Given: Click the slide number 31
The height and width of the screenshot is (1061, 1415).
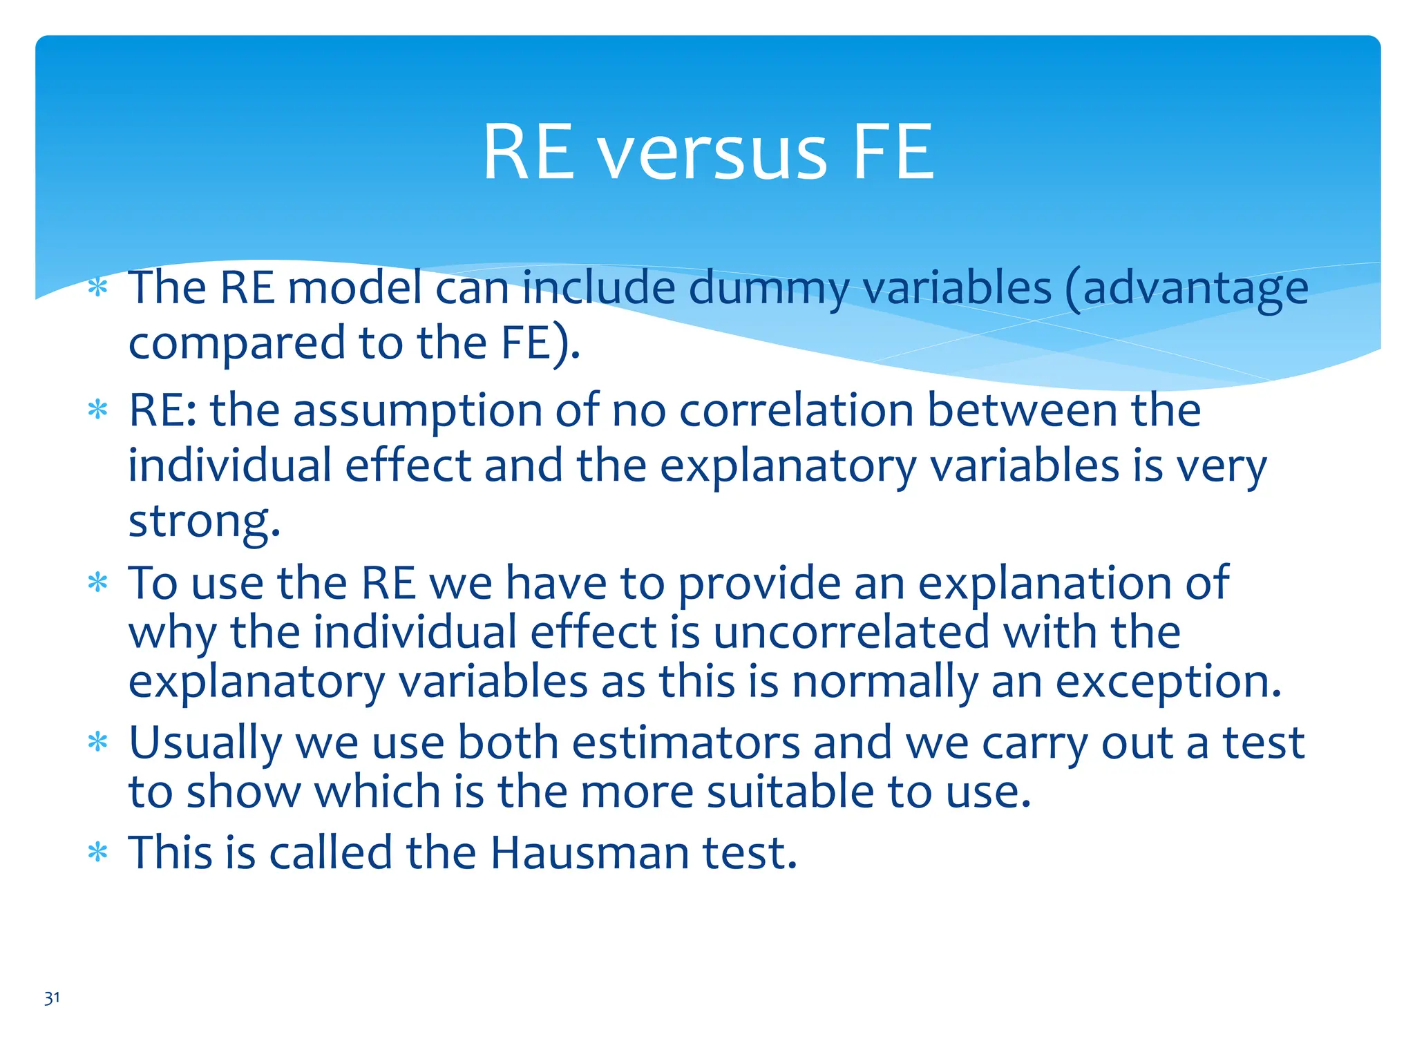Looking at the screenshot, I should [52, 998].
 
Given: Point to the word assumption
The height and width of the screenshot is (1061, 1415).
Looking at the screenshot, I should [417, 412].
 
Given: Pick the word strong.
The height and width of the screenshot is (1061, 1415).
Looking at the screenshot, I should [205, 522].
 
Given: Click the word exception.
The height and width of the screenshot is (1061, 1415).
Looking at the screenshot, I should [1168, 682].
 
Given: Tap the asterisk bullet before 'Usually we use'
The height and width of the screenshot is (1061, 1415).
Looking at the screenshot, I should [98, 743].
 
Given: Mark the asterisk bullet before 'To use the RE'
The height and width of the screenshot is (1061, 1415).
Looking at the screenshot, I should [98, 584].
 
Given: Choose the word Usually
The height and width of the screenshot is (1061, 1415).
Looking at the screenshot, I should [205, 745].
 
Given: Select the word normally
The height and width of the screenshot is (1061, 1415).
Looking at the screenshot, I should [885, 682].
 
